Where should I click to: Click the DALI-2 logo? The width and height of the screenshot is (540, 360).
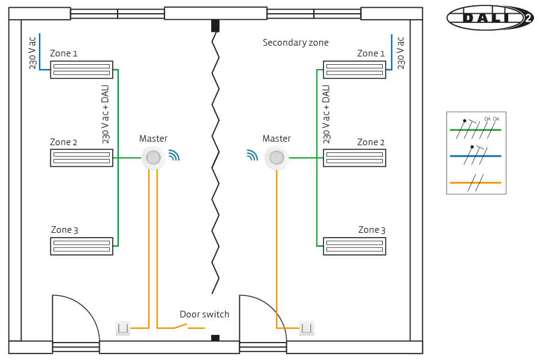(x=489, y=18)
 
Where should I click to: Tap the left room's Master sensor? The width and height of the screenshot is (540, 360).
(x=153, y=158)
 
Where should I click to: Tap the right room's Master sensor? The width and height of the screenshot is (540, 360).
(x=277, y=158)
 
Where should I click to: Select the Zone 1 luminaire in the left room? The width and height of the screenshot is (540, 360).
(x=82, y=70)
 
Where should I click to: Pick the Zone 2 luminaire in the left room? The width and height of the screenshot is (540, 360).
(x=82, y=158)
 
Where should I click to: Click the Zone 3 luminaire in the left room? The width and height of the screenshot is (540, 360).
(x=82, y=246)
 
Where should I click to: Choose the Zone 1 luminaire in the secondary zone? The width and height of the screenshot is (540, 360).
(x=354, y=70)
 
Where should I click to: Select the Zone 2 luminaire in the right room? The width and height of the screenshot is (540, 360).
(x=354, y=158)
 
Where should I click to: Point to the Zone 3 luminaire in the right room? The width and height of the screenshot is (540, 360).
(x=354, y=246)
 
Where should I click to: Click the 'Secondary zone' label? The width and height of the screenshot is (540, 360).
(x=295, y=43)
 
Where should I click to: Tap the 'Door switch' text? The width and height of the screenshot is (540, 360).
(x=205, y=314)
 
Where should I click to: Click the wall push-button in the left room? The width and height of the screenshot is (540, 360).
(x=123, y=328)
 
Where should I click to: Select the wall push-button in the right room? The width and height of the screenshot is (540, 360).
(x=307, y=328)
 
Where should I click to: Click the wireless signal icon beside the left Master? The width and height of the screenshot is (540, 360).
(x=173, y=156)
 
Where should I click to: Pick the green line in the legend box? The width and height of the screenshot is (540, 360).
(x=475, y=129)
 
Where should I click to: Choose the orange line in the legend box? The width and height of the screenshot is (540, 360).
(x=475, y=182)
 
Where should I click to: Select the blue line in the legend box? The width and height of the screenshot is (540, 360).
(x=475, y=155)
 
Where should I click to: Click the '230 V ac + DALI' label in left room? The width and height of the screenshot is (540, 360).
(x=106, y=114)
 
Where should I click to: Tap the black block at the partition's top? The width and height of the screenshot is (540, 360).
(x=215, y=26)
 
